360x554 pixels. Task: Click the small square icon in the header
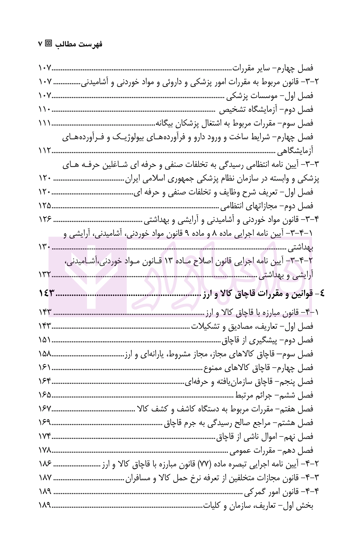(x=48, y=43)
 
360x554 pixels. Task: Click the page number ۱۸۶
(x=46, y=464)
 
